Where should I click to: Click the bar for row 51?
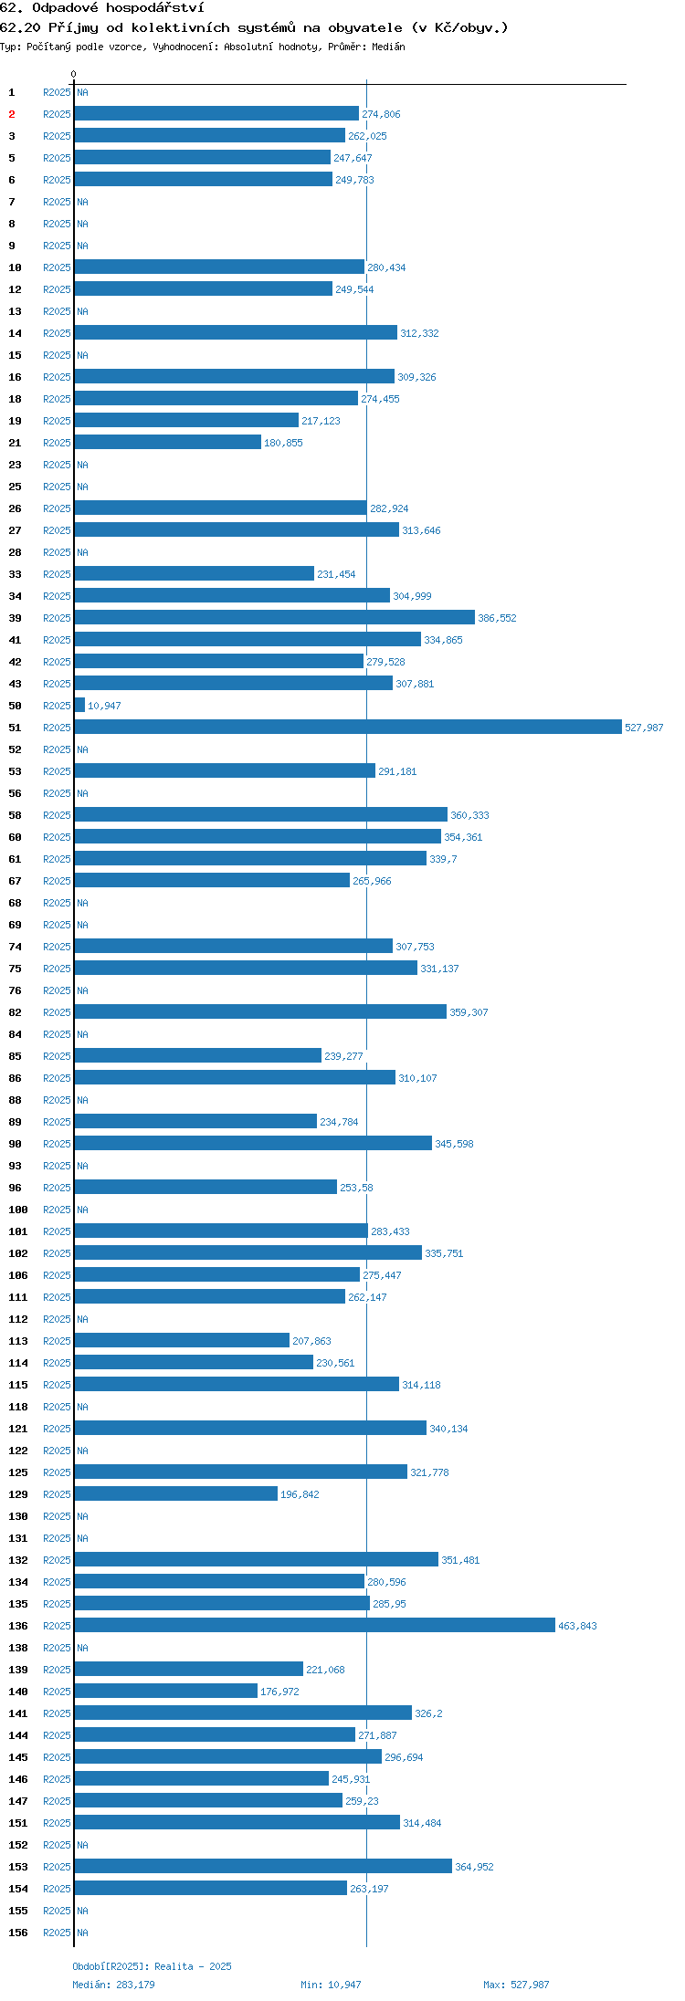[x=348, y=727]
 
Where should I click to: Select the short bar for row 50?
[x=79, y=705]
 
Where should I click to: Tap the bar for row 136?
[x=315, y=1625]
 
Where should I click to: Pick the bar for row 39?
[x=275, y=617]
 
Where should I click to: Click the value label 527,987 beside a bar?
[x=644, y=728]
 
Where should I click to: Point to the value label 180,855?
[x=283, y=443]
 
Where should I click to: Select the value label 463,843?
[x=577, y=1626]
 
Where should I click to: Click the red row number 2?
[x=12, y=114]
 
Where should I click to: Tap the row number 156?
[x=18, y=1933]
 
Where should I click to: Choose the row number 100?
[x=18, y=1210]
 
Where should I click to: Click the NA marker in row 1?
[x=82, y=92]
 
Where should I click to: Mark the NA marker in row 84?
[x=82, y=1034]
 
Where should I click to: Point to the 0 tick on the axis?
[x=74, y=74]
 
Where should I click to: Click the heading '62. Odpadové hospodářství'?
[x=102, y=8]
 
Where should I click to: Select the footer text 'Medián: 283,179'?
[x=113, y=1985]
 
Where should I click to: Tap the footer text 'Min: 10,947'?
[x=331, y=1985]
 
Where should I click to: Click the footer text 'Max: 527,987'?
[x=516, y=1985]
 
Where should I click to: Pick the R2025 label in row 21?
[x=57, y=443]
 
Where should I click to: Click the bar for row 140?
[x=166, y=1691]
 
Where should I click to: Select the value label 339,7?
[x=443, y=859]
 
